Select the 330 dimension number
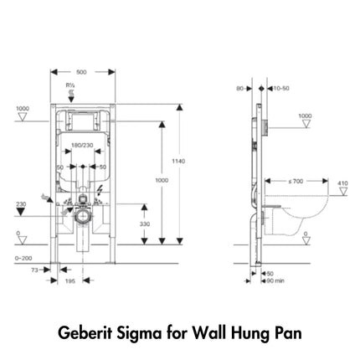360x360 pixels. (145, 225)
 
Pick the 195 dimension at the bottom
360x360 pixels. (72, 282)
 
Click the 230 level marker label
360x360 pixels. (20, 203)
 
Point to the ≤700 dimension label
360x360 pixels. (296, 181)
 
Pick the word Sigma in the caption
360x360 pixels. (142, 332)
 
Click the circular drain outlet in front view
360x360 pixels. (80, 215)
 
